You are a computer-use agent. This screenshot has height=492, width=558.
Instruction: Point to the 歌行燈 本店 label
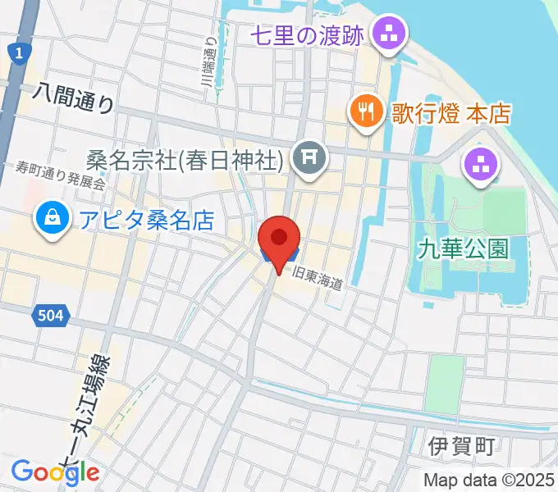pyautogui.click(x=451, y=112)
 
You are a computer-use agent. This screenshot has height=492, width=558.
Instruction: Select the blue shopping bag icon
pyautogui.click(x=52, y=219)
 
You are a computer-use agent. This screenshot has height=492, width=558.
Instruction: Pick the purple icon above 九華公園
pyautogui.click(x=481, y=166)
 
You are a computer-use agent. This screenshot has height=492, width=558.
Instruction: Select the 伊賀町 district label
pyautogui.click(x=462, y=446)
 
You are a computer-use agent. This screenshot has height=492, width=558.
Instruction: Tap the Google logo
pyautogui.click(x=56, y=471)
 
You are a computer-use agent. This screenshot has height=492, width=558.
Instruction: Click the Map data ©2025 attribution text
pyautogui.click(x=489, y=480)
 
